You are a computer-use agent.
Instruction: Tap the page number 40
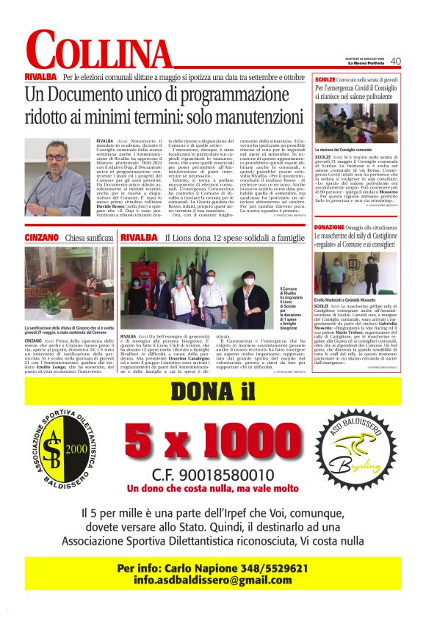click(395, 61)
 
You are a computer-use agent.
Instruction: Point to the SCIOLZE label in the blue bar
click(325, 78)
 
